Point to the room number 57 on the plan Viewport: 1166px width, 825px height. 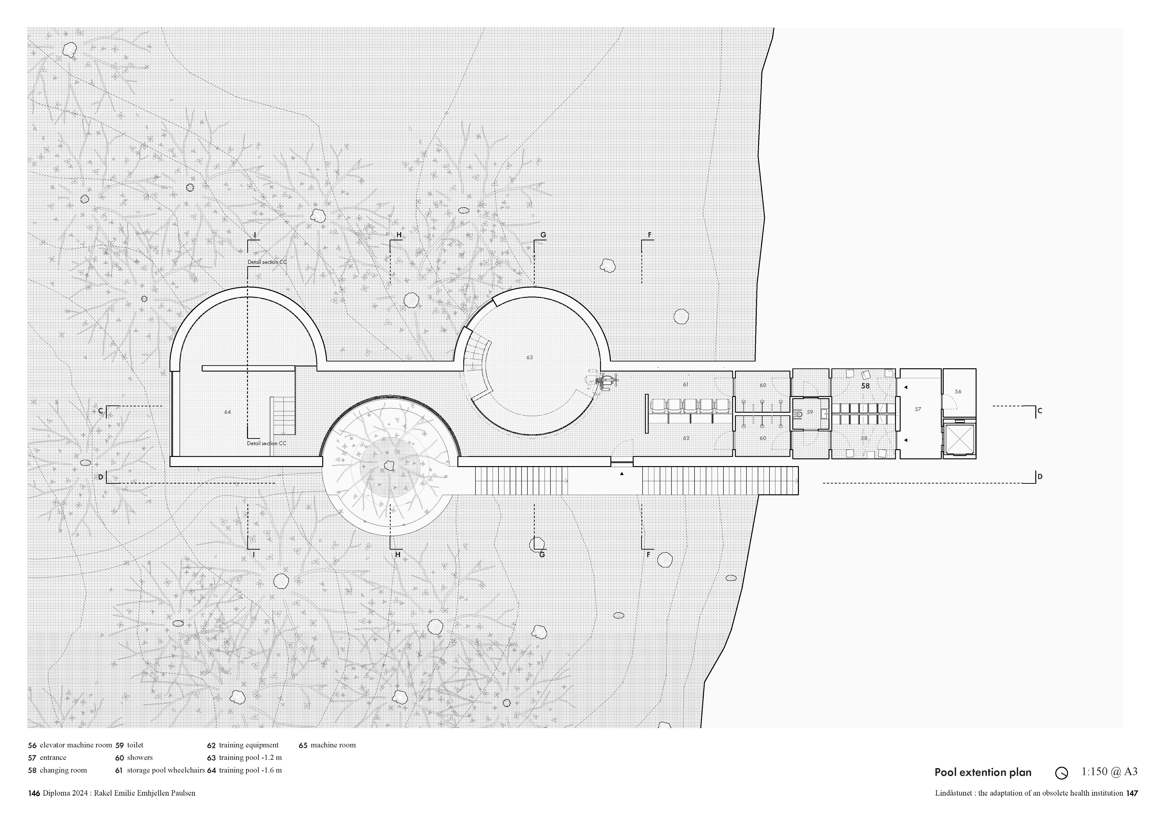point(918,409)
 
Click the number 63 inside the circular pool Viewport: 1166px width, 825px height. point(530,357)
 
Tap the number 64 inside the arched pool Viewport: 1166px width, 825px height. point(228,412)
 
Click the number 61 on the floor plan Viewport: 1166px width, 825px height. point(686,385)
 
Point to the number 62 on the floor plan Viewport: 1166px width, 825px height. point(686,438)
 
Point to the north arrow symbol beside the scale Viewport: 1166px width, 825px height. point(1061,773)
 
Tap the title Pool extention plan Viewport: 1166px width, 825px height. point(983,773)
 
